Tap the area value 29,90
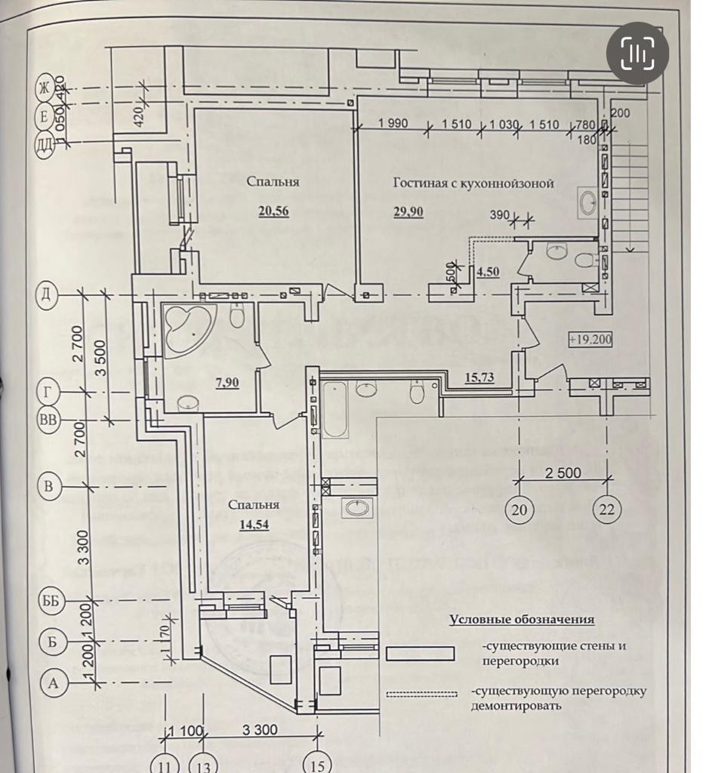pyautogui.click(x=408, y=212)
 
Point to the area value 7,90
pyautogui.click(x=227, y=383)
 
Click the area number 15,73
pyautogui.click(x=479, y=377)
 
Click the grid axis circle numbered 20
pyautogui.click(x=519, y=509)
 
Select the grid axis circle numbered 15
pyautogui.click(x=318, y=764)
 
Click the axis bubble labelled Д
pyautogui.click(x=49, y=294)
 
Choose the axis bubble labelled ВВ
pyautogui.click(x=49, y=420)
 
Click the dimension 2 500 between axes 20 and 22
pyautogui.click(x=563, y=473)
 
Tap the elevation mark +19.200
pyautogui.click(x=590, y=340)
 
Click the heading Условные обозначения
pyautogui.click(x=522, y=620)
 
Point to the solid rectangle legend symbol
pyautogui.click(x=420, y=653)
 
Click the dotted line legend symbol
pyautogui.click(x=421, y=693)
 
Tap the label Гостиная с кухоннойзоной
pyautogui.click(x=474, y=183)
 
